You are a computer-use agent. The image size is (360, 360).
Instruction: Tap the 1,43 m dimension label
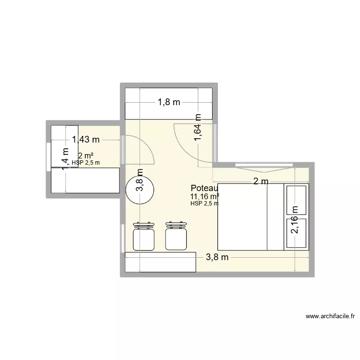coord(86,140)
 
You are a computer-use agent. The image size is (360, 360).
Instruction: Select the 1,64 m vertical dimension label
coord(198,128)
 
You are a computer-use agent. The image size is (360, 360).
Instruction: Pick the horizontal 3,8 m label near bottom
coord(217,257)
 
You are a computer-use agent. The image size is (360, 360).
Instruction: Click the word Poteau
coord(204,188)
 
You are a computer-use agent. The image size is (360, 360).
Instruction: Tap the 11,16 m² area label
coord(204,196)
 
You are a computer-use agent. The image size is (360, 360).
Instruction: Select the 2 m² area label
coord(86,156)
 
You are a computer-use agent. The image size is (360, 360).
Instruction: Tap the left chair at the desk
coord(144,236)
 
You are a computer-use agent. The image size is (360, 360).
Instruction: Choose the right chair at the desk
coord(175,236)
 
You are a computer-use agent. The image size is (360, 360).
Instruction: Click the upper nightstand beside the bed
coord(297,199)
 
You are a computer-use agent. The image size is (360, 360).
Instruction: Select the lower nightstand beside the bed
coord(297,233)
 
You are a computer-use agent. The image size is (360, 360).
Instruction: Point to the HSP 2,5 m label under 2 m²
coord(86,162)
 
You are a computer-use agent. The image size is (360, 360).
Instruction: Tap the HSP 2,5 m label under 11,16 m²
coord(204,203)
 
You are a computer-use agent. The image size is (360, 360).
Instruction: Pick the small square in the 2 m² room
coord(64,140)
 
